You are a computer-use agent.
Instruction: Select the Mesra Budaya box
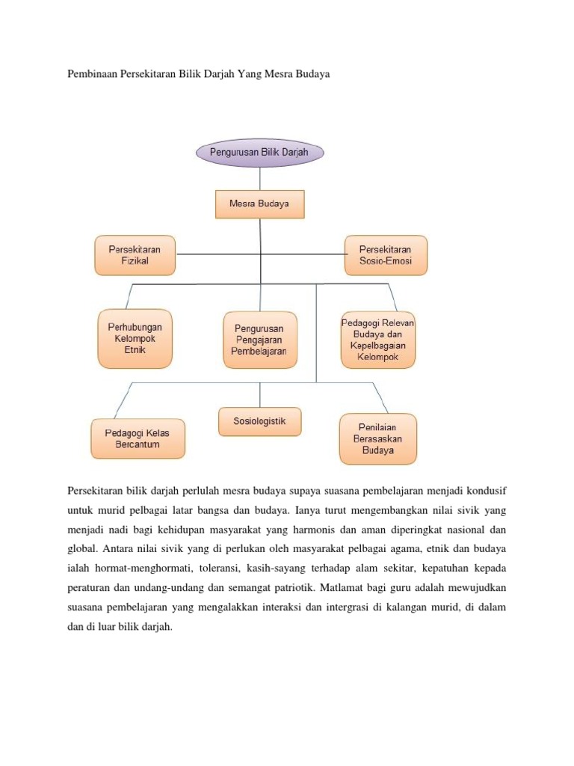click(259, 203)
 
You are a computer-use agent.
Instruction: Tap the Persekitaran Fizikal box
click(135, 256)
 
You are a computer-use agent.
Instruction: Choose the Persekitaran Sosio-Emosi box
click(386, 256)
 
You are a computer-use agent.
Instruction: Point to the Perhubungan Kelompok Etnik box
click(135, 339)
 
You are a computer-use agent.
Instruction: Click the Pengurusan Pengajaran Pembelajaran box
click(260, 340)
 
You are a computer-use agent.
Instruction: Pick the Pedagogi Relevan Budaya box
click(377, 340)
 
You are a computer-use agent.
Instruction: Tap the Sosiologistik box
click(259, 421)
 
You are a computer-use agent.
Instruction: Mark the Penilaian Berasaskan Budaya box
click(377, 438)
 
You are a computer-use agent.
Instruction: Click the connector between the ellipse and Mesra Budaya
click(260, 178)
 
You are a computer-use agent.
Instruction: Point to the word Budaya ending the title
click(312, 76)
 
